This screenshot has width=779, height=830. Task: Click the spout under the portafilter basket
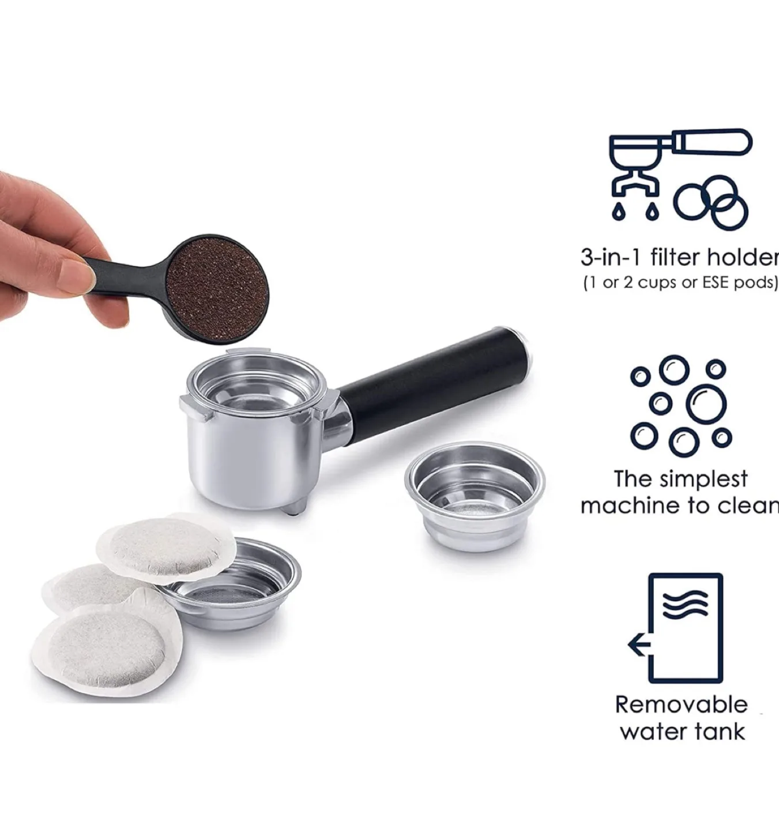point(294,506)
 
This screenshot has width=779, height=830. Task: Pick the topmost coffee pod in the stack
point(166,546)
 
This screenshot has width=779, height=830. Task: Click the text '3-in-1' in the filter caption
point(611,258)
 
